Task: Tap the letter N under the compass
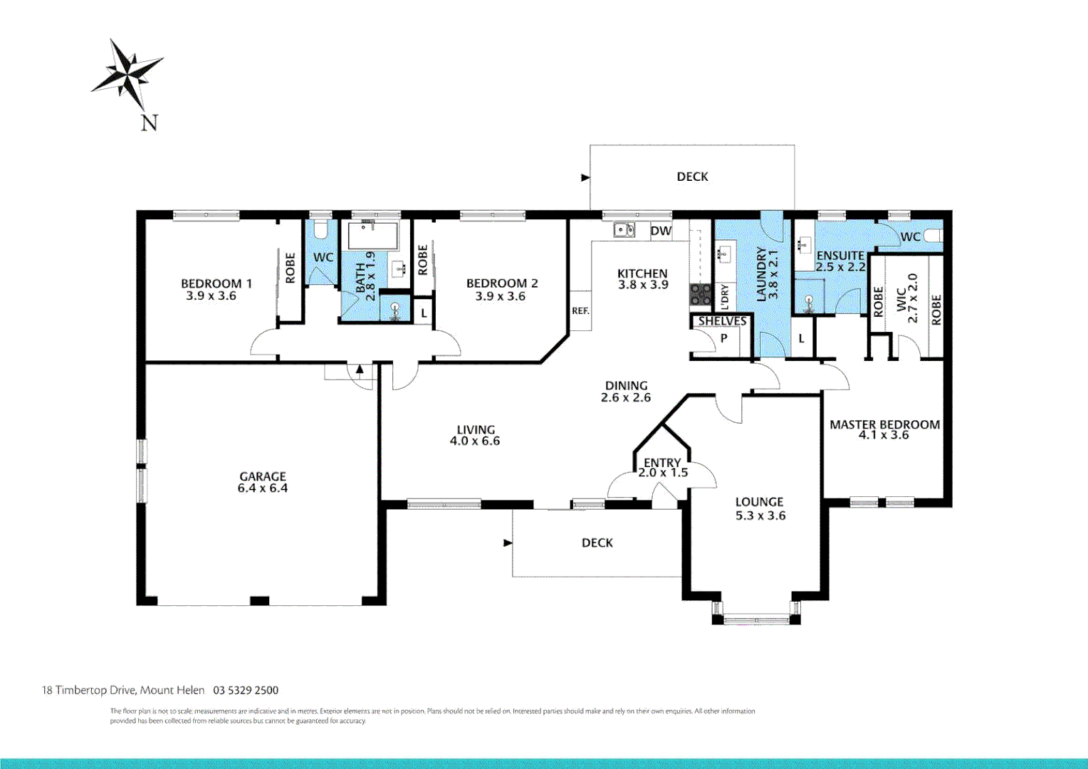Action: [x=150, y=122]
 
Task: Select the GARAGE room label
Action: [x=263, y=476]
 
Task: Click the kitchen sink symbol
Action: [x=624, y=229]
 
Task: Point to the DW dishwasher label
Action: [x=661, y=231]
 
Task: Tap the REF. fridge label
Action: [x=580, y=310]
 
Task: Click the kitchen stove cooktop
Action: [x=701, y=295]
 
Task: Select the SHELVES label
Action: [x=722, y=321]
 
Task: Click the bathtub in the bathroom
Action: [x=372, y=236]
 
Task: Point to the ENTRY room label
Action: [x=662, y=463]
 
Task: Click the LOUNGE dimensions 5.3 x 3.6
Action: [x=760, y=516]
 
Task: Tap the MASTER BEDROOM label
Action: [x=884, y=424]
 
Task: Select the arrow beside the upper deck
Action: [x=586, y=178]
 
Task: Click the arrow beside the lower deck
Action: [x=508, y=543]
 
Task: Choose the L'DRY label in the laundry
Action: [x=725, y=297]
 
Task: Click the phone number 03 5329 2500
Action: [x=246, y=690]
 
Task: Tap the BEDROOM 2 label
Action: [x=502, y=283]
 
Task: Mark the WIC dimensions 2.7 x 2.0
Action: [x=912, y=298]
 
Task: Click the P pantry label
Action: [x=723, y=338]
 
